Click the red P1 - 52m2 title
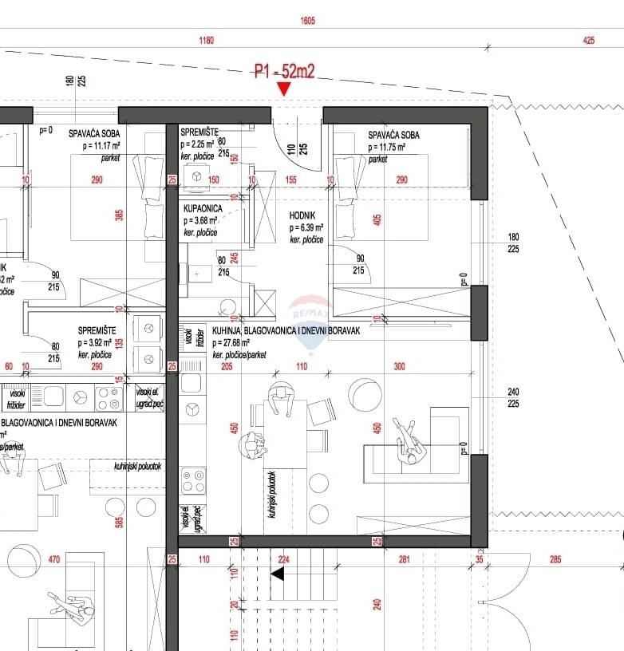pos(285,72)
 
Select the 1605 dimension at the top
pos(308,21)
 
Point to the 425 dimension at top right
pos(589,40)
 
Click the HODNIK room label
pos(302,215)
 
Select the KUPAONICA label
pos(203,208)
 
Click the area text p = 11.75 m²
pos(387,148)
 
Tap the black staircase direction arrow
pos(278,574)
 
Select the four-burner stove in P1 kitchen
pos(192,481)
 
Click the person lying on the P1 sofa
pos(409,441)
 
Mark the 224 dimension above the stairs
pos(283,560)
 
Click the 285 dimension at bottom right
pos(555,560)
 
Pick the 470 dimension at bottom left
pos(54,560)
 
